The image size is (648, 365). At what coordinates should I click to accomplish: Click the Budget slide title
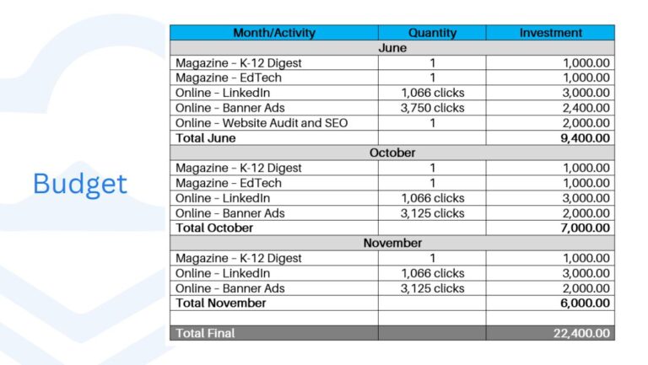(x=80, y=183)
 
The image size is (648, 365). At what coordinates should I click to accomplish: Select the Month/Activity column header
(x=274, y=33)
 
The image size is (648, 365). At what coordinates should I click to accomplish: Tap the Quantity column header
(x=432, y=33)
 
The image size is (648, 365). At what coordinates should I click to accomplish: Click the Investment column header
(x=550, y=33)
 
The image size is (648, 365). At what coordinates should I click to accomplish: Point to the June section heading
(x=391, y=48)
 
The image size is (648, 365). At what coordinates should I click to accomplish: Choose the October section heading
(x=391, y=153)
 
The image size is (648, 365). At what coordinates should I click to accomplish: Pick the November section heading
(x=391, y=243)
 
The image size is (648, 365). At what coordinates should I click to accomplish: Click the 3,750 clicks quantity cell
(x=432, y=108)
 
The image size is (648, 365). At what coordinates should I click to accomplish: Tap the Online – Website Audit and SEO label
(x=262, y=123)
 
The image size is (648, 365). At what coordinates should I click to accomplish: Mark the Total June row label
(x=206, y=137)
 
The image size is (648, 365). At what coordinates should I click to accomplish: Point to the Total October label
(x=214, y=228)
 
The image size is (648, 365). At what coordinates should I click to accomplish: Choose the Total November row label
(x=220, y=303)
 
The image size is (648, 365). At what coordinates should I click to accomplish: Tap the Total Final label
(x=205, y=333)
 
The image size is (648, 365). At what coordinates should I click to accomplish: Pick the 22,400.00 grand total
(x=582, y=333)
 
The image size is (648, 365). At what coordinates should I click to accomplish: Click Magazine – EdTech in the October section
(x=229, y=183)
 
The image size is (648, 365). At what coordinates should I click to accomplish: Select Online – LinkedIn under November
(x=223, y=273)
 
